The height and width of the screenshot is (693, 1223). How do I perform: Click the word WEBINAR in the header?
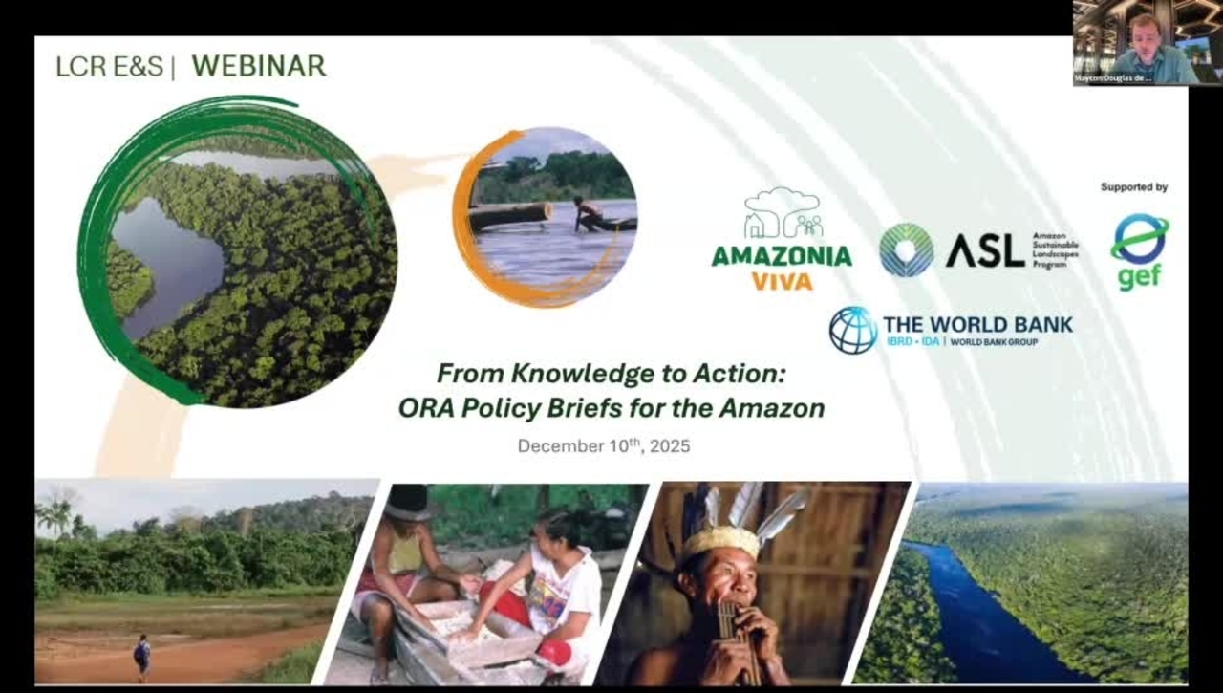point(258,66)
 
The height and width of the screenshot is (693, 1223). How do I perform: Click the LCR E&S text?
point(110,67)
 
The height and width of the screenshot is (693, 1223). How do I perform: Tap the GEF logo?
point(1139,250)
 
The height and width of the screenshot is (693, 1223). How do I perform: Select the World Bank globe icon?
point(852,331)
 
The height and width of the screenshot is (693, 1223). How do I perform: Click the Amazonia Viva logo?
point(782,239)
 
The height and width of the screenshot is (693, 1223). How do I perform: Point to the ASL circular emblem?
point(907,249)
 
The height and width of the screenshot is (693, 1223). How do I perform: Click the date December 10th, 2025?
point(604,445)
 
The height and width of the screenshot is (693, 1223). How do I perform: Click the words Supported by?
point(1133,187)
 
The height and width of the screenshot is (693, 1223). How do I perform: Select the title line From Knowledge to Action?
point(611,372)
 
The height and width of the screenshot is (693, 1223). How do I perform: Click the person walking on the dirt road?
point(142,654)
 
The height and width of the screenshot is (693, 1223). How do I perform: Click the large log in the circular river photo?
point(510,216)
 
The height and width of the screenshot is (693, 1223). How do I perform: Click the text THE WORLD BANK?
point(977,324)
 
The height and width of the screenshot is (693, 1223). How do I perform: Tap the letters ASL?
point(985,250)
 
